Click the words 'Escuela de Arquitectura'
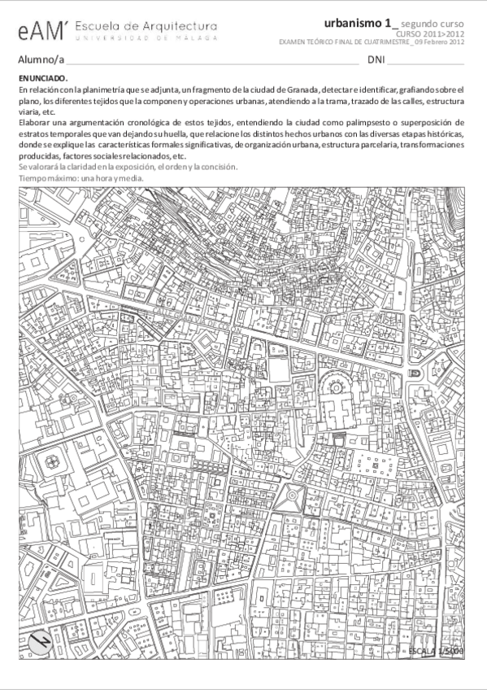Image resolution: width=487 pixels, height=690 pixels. [146, 27]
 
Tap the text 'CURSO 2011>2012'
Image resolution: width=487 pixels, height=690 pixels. [436, 34]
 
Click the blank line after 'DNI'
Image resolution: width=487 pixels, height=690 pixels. [426, 61]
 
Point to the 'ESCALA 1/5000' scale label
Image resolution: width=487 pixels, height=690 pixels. [436, 652]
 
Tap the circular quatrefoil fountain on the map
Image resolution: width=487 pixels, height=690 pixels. [54, 461]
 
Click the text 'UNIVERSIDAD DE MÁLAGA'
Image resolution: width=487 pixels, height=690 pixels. [146, 38]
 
